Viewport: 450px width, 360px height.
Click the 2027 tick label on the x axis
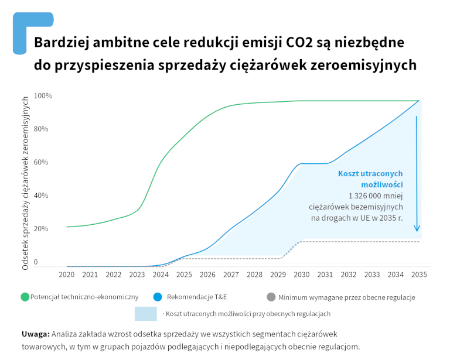click(231, 274)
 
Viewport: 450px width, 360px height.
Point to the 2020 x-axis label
click(67, 274)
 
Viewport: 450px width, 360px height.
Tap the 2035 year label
click(419, 274)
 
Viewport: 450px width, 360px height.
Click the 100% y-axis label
click(43, 95)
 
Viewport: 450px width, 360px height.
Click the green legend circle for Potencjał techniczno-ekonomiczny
click(25, 297)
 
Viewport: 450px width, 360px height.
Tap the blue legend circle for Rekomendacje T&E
click(157, 297)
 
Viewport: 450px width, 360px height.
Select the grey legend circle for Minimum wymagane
click(271, 297)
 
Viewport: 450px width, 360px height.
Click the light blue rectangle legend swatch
click(146, 314)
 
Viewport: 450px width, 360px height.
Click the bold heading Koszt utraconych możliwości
click(370, 179)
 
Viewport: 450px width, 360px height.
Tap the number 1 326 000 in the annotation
click(366, 196)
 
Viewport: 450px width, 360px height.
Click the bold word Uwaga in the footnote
click(35, 334)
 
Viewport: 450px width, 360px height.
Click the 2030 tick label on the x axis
click(301, 274)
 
